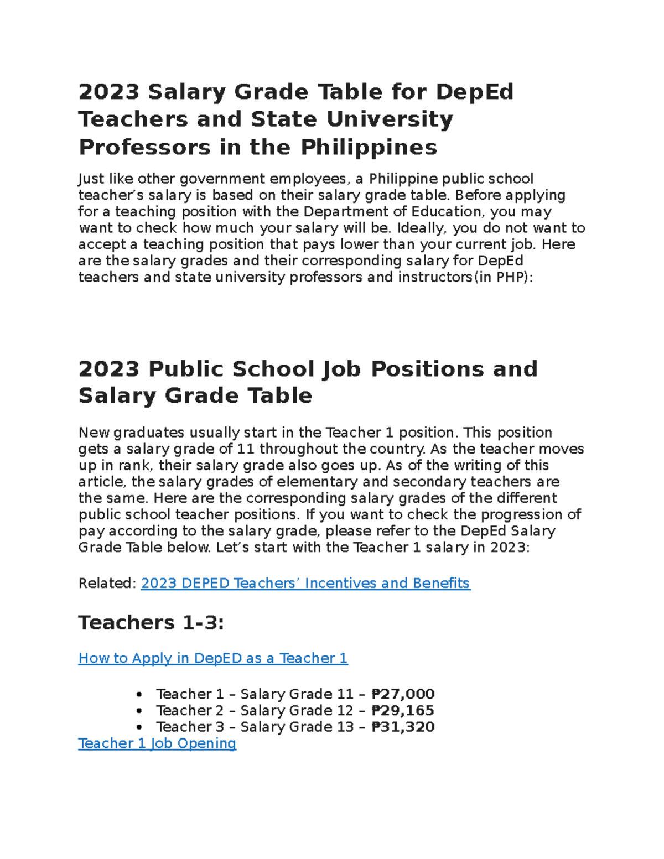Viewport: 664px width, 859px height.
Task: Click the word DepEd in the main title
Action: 475,92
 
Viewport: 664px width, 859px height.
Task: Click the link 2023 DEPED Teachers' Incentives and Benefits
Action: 305,583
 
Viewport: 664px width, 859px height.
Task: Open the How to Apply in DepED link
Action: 213,658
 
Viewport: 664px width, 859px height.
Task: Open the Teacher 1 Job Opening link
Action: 157,743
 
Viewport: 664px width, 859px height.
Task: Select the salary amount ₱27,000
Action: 403,694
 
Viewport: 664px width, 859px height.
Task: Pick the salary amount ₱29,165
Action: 403,710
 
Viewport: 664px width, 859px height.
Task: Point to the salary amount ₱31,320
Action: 403,727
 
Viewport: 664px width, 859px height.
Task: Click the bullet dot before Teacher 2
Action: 139,711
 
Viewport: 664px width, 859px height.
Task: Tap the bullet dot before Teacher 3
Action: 139,727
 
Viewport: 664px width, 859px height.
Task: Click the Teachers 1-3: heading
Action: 151,623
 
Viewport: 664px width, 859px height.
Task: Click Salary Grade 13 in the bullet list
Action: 297,727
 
